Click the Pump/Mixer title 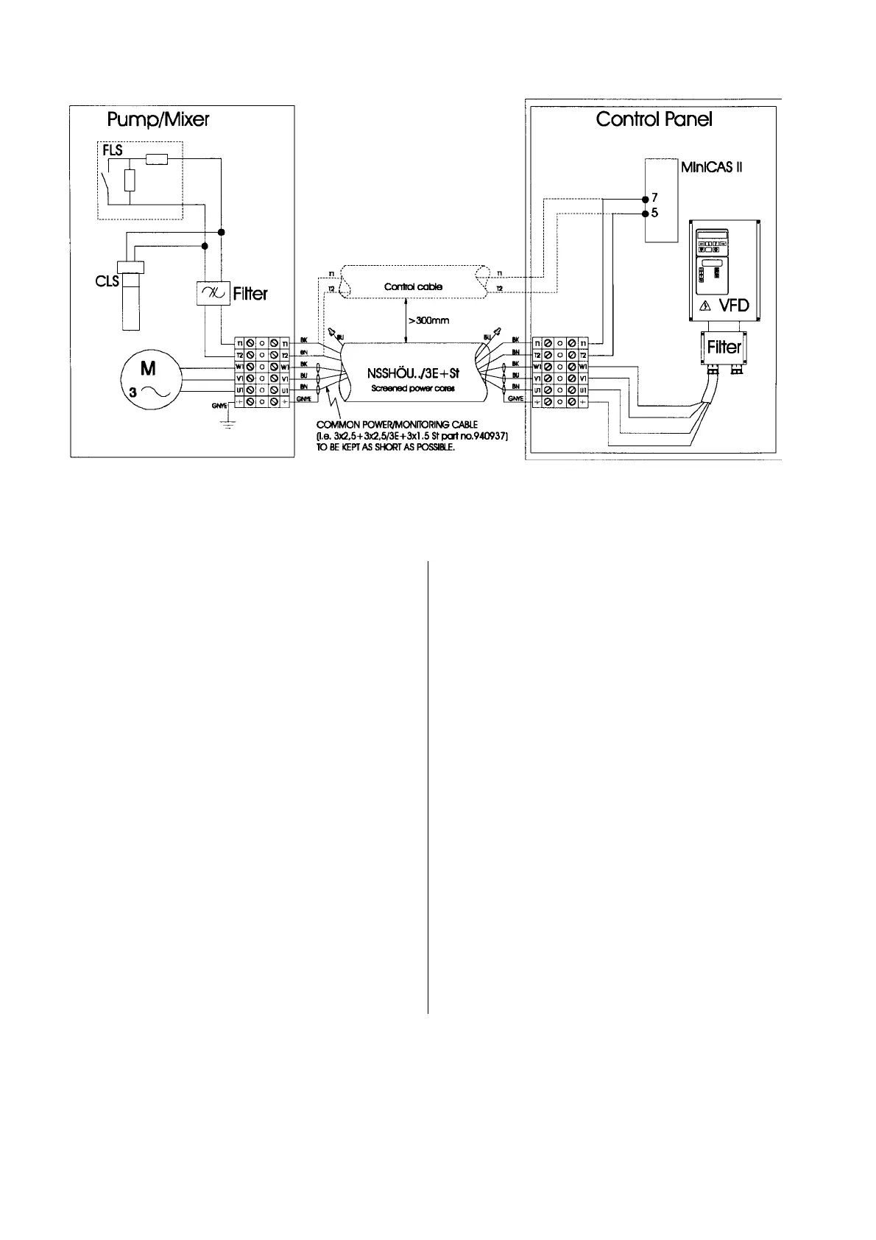(x=158, y=119)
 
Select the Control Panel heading (x=654, y=119)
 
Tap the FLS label (x=113, y=151)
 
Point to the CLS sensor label (x=107, y=281)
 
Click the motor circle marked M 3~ (x=148, y=378)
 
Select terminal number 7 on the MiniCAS (x=654, y=198)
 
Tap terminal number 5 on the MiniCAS (x=654, y=214)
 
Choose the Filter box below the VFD (x=724, y=347)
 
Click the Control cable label (x=413, y=286)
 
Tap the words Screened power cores (x=412, y=388)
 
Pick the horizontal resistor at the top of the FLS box (x=156, y=159)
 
